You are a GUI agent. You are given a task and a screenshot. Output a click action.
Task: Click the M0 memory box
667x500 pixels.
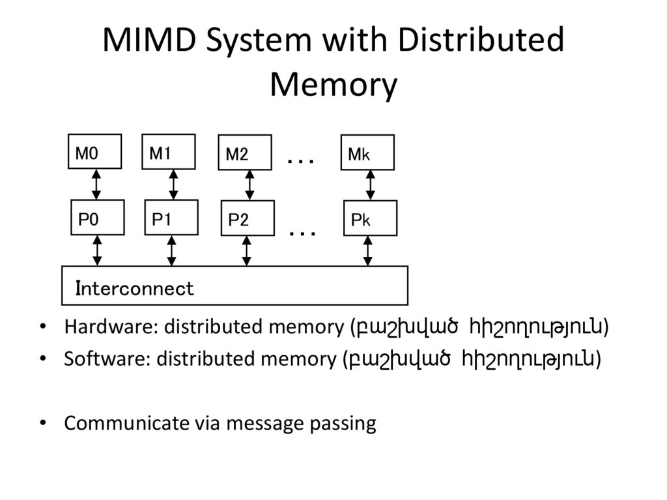coord(94,152)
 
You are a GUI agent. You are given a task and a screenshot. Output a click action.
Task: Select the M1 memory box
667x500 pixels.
coord(168,152)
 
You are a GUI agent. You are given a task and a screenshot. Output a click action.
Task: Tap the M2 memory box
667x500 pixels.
coord(245,153)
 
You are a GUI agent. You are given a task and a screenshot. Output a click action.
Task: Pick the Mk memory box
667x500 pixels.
coord(367,153)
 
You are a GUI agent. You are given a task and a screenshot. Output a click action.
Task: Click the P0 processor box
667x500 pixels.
coord(97,218)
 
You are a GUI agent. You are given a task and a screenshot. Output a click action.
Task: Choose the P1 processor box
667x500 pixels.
coord(171,218)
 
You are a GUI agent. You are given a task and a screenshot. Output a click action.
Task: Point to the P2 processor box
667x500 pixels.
coord(248,218)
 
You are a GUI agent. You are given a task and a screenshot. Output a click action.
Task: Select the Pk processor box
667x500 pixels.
coord(370,218)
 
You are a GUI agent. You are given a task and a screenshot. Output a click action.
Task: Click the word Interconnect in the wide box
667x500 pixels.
coord(135,288)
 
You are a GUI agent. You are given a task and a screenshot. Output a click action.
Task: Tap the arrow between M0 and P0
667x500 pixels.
coord(96,184)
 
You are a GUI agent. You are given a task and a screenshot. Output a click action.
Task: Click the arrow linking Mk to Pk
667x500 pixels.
coord(370,185)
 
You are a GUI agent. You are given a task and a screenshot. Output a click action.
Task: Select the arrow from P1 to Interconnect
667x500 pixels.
coord(171,251)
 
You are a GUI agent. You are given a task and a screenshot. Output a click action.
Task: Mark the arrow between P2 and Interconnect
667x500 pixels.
coord(246,251)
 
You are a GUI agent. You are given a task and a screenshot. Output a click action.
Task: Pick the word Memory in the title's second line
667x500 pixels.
coord(333,85)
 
